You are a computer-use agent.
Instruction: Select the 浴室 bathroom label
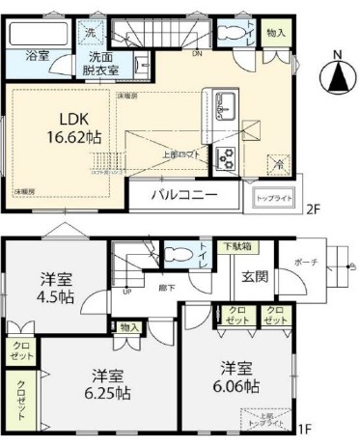point(37,56)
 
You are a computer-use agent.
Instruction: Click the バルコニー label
point(183,195)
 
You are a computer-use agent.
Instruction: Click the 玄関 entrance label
point(255,278)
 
